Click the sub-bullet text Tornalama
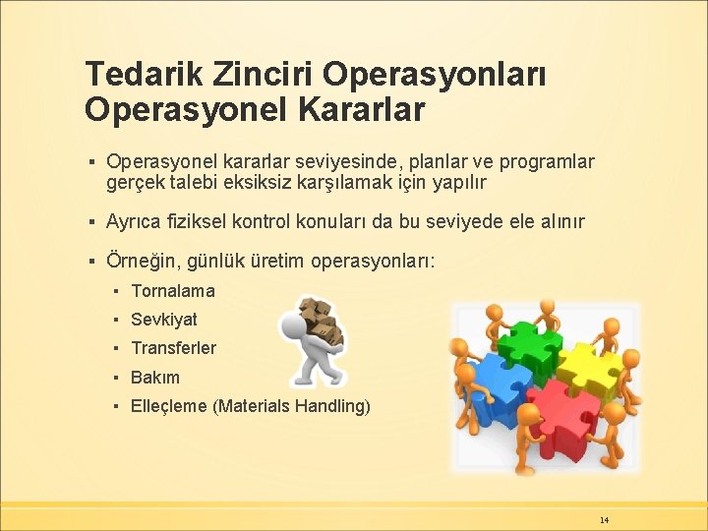172,291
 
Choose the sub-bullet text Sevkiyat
163,320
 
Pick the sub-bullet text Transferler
173,348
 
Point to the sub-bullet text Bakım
155,377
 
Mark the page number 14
604,518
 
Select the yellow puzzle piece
587,367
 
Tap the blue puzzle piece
501,386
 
